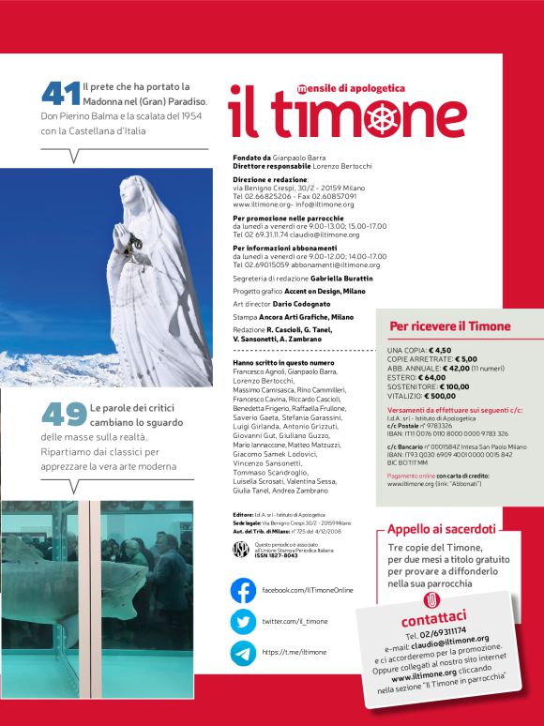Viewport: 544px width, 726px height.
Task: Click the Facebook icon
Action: [x=243, y=590]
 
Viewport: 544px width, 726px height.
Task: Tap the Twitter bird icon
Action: [x=243, y=622]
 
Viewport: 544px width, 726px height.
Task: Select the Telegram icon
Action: [x=243, y=653]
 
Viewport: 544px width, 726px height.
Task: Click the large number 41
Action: [x=60, y=93]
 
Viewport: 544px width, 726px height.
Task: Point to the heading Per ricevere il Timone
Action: [x=450, y=325]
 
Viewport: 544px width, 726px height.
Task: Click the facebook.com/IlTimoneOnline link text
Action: [x=307, y=590]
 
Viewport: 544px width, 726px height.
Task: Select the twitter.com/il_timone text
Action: [x=295, y=622]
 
